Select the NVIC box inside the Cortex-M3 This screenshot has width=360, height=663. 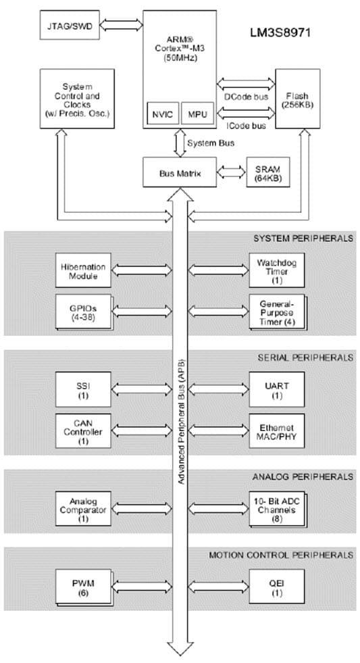pos(162,114)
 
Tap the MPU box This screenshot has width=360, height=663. pos(197,114)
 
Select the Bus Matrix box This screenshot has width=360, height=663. pos(180,174)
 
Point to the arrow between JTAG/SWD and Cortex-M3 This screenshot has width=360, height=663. pos(122,24)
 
